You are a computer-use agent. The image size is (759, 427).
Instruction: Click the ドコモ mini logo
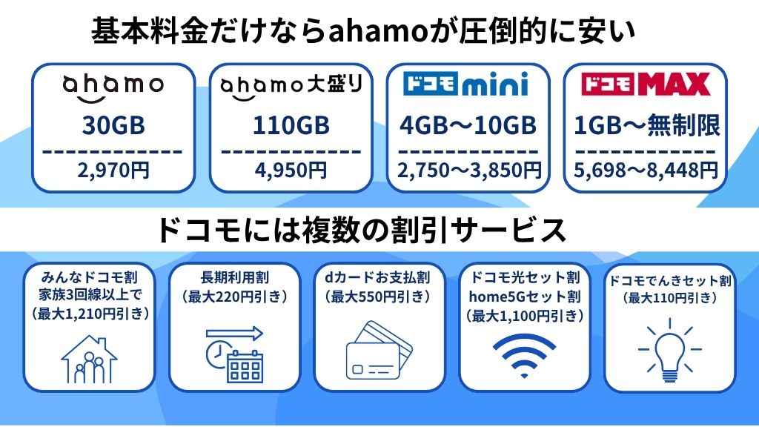[465, 85]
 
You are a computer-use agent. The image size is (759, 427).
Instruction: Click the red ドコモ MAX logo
[646, 85]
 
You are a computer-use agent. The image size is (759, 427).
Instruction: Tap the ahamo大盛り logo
[291, 87]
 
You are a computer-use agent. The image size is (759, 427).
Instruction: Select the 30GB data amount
[113, 125]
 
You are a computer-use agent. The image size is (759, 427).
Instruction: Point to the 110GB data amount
[291, 125]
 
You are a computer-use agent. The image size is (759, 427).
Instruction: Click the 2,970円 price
[113, 170]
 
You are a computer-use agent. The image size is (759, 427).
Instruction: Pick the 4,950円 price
[291, 170]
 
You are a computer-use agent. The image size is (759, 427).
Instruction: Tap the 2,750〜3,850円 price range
[468, 170]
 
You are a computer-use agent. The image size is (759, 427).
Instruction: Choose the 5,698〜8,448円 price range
[646, 170]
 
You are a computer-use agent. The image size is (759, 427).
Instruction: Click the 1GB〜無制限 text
[646, 125]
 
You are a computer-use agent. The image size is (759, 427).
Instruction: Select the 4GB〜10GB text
[468, 125]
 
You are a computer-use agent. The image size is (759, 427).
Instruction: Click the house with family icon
[89, 359]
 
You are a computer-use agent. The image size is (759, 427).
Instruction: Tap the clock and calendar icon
[234, 354]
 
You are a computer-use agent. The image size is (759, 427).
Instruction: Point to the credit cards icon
[379, 350]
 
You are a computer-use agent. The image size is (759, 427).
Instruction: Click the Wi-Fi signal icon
[524, 356]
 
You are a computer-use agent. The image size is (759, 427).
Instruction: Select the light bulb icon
[670, 350]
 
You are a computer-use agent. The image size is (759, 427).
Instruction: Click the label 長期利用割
[234, 278]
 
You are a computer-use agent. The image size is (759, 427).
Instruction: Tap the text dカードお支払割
[377, 278]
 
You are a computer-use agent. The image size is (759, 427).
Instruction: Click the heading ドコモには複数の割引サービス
[361, 231]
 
